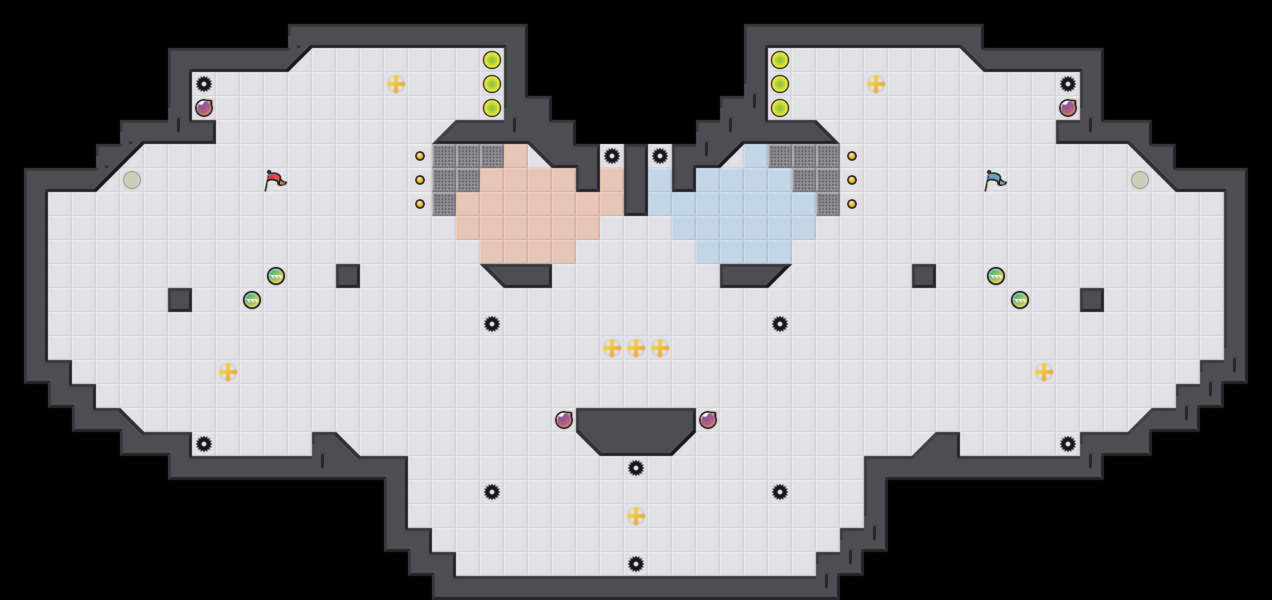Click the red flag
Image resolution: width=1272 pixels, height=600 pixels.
click(x=275, y=179)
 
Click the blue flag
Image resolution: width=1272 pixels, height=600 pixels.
click(x=995, y=179)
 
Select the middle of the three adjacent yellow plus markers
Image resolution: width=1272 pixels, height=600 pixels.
click(x=636, y=348)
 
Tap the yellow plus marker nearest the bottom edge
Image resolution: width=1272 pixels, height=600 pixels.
click(x=636, y=516)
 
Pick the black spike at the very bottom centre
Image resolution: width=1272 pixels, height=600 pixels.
click(x=636, y=564)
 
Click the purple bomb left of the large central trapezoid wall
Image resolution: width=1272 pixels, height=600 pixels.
click(x=564, y=420)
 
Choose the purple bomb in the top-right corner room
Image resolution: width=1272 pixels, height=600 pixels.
click(x=1068, y=108)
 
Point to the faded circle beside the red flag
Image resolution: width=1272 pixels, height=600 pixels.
click(x=132, y=180)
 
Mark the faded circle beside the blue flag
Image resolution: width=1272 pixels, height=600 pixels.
click(x=1140, y=180)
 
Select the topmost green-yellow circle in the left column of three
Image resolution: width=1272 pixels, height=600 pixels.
click(x=492, y=60)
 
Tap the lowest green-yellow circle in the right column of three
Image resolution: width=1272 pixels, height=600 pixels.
click(x=780, y=108)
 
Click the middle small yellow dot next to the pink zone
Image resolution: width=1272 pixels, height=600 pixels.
click(x=420, y=180)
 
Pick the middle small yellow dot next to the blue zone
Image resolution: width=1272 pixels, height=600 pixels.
click(x=852, y=180)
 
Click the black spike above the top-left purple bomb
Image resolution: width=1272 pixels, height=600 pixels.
click(x=204, y=84)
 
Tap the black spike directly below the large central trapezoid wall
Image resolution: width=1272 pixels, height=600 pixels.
click(x=636, y=468)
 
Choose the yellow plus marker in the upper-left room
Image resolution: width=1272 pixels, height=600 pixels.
click(x=396, y=84)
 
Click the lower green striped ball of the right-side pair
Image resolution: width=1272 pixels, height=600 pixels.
click(x=1020, y=300)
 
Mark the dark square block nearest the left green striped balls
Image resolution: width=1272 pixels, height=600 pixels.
click(x=180, y=300)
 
